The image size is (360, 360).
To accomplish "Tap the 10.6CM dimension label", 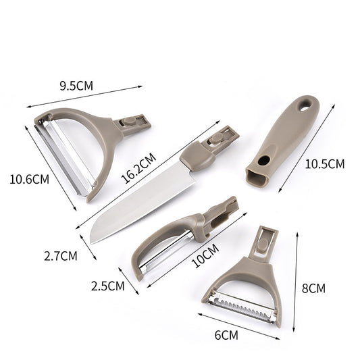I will pyautogui.click(x=29, y=180).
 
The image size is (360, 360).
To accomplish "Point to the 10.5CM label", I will pyautogui.click(x=325, y=164).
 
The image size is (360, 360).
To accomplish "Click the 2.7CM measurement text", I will pyautogui.click(x=61, y=256).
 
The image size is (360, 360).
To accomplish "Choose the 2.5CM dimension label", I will pyautogui.click(x=108, y=285).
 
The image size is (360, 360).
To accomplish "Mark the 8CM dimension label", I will pyautogui.click(x=313, y=288).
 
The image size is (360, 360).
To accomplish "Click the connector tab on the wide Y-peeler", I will pyautogui.click(x=132, y=123).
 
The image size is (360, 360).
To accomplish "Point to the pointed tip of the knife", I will pyautogui.click(x=93, y=240).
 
